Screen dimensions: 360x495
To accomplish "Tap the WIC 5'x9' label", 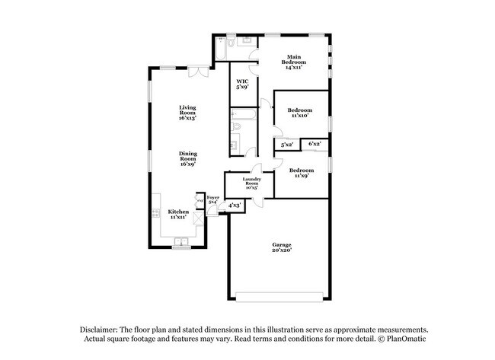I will pos(242,84).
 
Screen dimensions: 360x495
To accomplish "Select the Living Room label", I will pos(187,113).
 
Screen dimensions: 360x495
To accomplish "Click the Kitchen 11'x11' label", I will pos(178,215).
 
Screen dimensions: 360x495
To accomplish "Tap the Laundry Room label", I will pos(252,183).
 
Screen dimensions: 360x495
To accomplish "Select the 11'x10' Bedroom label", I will pos(300,114).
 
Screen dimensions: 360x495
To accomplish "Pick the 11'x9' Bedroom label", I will pos(300,173).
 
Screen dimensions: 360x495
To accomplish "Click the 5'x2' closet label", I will pos(287,144).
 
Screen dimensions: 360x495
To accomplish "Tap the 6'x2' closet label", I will pos(314,143).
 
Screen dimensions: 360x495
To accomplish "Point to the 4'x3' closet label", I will pos(235,205).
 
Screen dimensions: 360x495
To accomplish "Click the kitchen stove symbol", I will pos(155,214).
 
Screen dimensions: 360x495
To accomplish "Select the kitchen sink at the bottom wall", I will pos(181,244).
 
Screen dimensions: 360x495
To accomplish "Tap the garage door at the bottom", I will pos(281,297).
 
